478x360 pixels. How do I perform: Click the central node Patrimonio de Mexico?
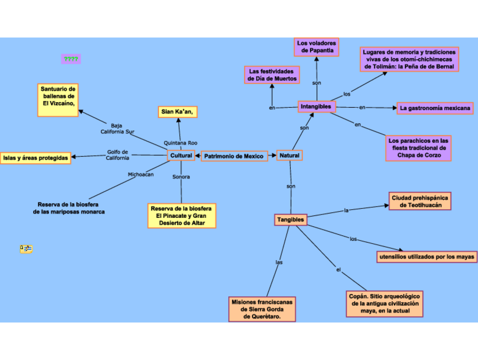[234, 156]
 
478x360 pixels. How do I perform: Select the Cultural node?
[181, 155]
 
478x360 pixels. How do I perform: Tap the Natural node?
[289, 155]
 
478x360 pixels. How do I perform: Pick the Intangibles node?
[317, 107]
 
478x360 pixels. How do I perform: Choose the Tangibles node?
[290, 219]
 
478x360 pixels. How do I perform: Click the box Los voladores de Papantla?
[316, 47]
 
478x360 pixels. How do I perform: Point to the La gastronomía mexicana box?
[435, 108]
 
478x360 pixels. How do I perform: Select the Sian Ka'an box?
[178, 112]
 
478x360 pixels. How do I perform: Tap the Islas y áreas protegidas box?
[36, 158]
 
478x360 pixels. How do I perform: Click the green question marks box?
[71, 59]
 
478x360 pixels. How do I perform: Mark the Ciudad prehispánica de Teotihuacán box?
[420, 201]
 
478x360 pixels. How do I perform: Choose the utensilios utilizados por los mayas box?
[427, 257]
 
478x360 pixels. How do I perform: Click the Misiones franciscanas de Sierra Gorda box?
[262, 309]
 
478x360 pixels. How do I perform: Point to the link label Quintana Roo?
[180, 143]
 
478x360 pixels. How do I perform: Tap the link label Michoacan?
[140, 174]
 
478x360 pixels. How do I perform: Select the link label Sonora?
[181, 177]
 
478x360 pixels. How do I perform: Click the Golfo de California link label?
[118, 155]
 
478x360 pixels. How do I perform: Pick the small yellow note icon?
[26, 249]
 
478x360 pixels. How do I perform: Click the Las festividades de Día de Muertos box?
[272, 75]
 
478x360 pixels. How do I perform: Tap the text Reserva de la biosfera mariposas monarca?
[69, 208]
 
